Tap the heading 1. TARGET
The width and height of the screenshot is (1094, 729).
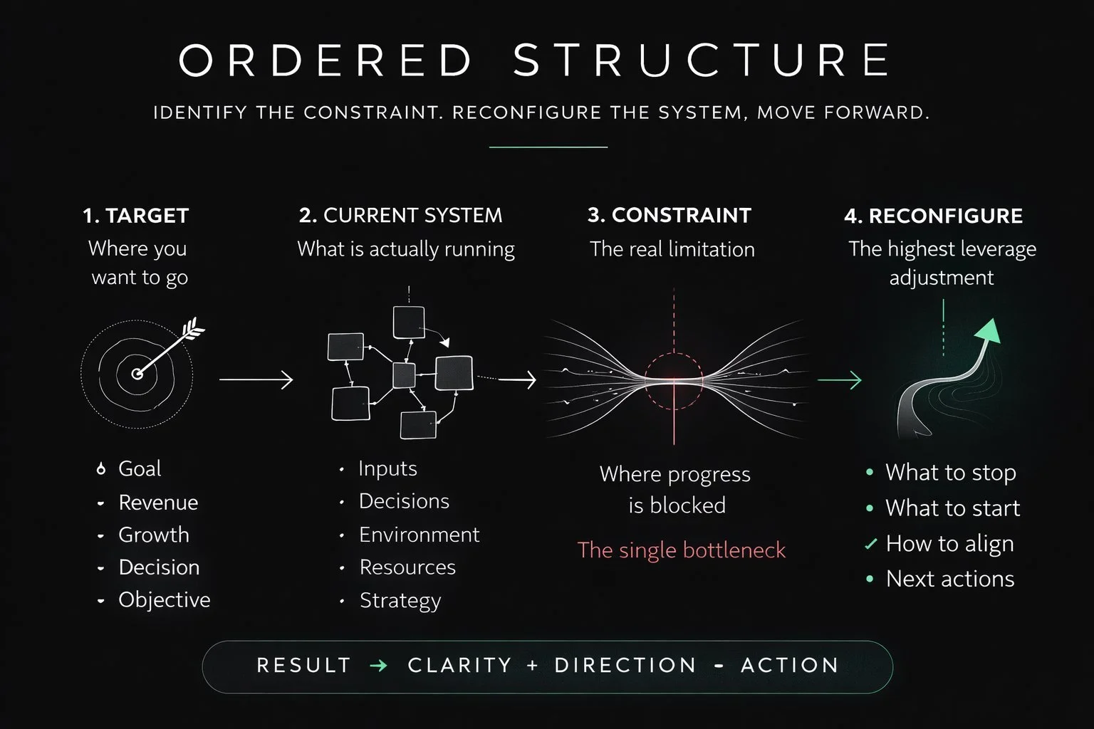[x=135, y=216]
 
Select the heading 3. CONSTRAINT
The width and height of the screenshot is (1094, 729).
[x=670, y=215]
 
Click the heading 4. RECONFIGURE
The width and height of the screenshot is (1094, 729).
[x=933, y=216]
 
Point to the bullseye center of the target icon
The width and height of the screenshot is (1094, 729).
[x=137, y=374]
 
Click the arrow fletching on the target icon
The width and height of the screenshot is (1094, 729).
[x=193, y=330]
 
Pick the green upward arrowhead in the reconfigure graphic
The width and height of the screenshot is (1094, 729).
[x=989, y=331]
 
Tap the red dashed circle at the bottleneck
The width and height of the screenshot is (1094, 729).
[x=674, y=381]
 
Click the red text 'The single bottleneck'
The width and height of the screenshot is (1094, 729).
[x=681, y=550]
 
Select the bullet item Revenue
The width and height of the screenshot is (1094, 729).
[x=158, y=503]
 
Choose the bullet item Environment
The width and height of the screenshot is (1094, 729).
[x=419, y=535]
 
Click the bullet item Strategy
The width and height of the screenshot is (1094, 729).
[x=400, y=601]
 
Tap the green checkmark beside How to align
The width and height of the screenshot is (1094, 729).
[x=870, y=545]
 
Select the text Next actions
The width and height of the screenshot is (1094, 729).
[x=949, y=579]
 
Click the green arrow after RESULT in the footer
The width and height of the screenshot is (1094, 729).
[x=379, y=666]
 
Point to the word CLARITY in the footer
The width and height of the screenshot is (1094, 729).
[x=459, y=666]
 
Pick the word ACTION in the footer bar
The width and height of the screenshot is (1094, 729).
[x=790, y=666]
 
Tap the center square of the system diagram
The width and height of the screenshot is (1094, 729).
[x=404, y=375]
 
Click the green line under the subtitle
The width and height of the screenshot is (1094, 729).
[x=548, y=147]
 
